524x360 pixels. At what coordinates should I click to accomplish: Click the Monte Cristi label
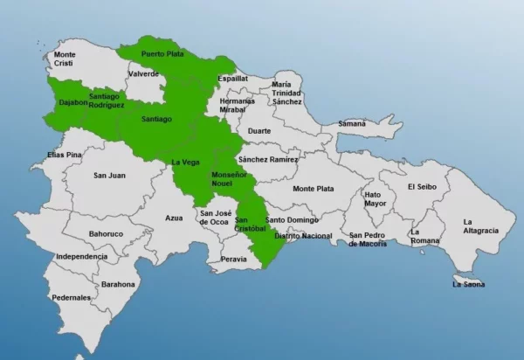point(65,59)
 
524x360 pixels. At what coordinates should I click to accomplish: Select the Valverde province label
point(143,74)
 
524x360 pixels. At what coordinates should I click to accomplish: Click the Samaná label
point(352,123)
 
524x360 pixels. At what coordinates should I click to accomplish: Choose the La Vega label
point(186,162)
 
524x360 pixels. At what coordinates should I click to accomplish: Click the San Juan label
point(110,176)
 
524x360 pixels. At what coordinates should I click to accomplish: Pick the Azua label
point(174,218)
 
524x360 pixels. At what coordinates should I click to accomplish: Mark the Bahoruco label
point(106,234)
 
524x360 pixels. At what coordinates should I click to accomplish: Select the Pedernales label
point(71,298)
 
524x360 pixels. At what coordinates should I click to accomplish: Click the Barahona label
point(118,284)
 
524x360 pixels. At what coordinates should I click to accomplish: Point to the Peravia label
point(233,260)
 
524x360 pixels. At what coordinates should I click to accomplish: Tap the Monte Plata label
point(313,189)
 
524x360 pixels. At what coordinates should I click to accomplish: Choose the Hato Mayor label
point(375,198)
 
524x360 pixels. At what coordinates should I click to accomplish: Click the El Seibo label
point(421,186)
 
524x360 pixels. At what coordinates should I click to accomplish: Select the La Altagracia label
point(480,225)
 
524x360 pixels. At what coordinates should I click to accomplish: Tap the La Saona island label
point(469,284)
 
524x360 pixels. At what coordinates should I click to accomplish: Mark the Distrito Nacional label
point(303,236)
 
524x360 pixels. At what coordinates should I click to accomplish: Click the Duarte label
point(259,130)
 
